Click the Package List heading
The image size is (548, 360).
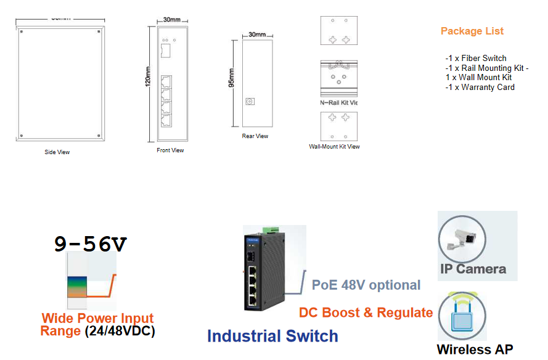pos(472,31)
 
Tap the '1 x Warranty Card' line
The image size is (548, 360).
pos(480,87)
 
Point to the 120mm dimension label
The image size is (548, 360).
pos(148,77)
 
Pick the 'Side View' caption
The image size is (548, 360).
pos(57,152)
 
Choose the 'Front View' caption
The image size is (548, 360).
pos(170,150)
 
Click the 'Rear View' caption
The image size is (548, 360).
pos(255,136)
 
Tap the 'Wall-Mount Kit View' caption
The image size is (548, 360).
pos(334,147)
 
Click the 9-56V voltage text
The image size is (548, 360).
pos(90,245)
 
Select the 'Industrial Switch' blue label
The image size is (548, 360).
pos(272,336)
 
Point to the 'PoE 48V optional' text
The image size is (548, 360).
pos(366,285)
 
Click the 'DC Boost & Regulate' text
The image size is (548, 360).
pos(366,313)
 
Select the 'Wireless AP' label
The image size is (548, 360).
pos(475,350)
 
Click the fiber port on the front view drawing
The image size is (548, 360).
pos(166,49)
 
